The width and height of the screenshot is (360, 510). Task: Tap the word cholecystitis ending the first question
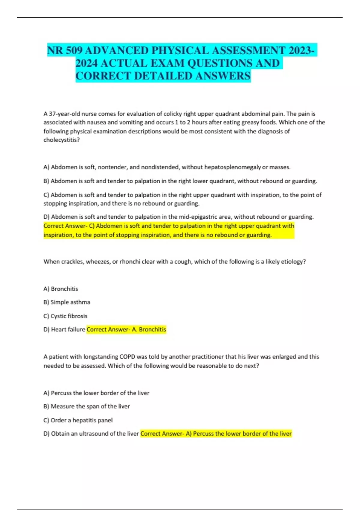[x=61, y=140]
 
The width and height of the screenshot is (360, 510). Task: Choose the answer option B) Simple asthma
[x=67, y=302]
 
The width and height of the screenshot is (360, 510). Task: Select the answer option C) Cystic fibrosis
[x=65, y=316]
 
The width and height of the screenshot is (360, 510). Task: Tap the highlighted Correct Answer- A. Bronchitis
[x=126, y=329]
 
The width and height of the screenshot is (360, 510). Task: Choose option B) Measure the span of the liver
[x=87, y=406]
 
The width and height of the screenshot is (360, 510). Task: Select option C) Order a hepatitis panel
[x=78, y=420]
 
